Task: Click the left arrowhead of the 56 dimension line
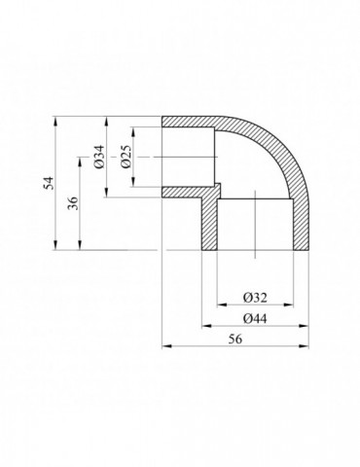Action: pos(165,344)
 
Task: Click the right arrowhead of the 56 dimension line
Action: pos(309,344)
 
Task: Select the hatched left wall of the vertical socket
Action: pos(209,224)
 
